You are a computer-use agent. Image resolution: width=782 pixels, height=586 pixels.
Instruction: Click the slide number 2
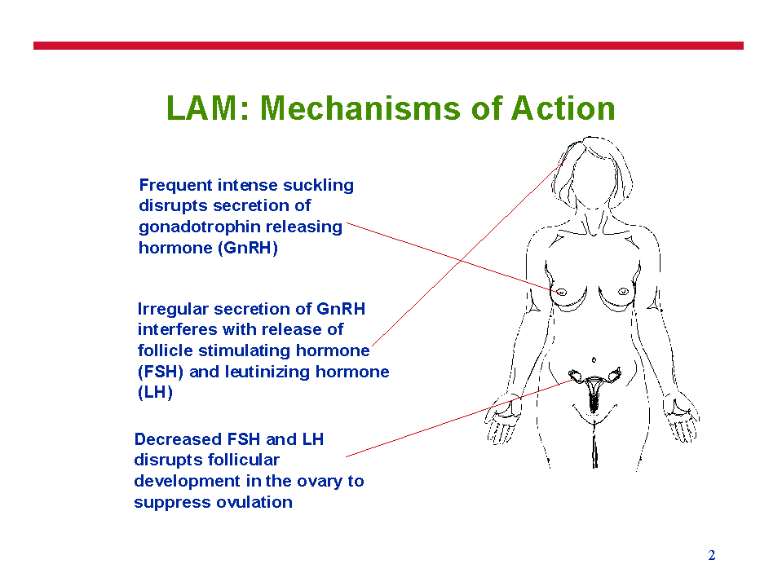pos(712,555)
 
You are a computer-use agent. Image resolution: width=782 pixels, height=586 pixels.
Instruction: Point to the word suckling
pos(318,185)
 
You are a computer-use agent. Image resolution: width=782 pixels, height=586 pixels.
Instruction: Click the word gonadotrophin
pos(199,227)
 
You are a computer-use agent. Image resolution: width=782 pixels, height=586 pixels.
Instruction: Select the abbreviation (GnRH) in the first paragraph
pos(247,248)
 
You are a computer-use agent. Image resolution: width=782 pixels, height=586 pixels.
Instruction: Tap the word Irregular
pos(173,310)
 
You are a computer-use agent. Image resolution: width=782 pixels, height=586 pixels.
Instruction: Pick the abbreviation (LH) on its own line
pos(155,393)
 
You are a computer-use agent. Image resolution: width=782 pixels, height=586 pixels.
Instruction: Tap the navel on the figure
pos(594,359)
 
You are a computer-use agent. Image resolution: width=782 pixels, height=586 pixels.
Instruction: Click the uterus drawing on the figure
pos(594,390)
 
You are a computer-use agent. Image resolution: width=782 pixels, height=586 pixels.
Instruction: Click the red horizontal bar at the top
pos(388,46)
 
